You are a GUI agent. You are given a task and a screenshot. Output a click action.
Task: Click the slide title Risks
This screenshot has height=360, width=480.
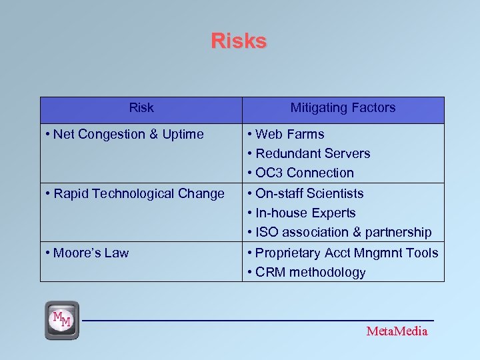pyautogui.click(x=239, y=41)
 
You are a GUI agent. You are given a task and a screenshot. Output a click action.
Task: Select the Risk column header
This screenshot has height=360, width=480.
pyautogui.click(x=141, y=108)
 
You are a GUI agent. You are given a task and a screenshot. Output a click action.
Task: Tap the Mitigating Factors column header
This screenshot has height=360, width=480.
pyautogui.click(x=343, y=108)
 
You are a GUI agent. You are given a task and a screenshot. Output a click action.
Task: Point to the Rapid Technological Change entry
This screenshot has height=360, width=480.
pyautogui.click(x=139, y=194)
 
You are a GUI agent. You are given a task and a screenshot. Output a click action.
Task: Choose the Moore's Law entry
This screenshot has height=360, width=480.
pyautogui.click(x=91, y=253)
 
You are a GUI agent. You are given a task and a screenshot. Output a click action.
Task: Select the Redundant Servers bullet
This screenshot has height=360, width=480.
pyautogui.click(x=313, y=154)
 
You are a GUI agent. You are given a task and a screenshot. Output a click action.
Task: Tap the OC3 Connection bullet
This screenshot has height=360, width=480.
pyautogui.click(x=305, y=173)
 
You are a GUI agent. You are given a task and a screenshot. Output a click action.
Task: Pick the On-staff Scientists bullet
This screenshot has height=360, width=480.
pyautogui.click(x=309, y=194)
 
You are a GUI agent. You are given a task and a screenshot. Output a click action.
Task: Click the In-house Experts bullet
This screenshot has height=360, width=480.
pyautogui.click(x=305, y=213)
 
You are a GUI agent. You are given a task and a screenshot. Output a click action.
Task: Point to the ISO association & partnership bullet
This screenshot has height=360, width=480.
pyautogui.click(x=343, y=233)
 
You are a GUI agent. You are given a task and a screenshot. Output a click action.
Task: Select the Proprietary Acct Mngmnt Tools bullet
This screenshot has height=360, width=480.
pyautogui.click(x=347, y=253)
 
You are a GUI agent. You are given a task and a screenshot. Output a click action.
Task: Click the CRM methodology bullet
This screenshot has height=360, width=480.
pyautogui.click(x=310, y=273)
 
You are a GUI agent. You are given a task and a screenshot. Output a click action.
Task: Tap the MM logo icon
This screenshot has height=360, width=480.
pyautogui.click(x=62, y=320)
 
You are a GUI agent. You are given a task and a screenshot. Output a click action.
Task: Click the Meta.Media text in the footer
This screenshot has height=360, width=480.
pyautogui.click(x=397, y=331)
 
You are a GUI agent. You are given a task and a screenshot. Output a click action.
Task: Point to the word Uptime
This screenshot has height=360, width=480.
pyautogui.click(x=181, y=135)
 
